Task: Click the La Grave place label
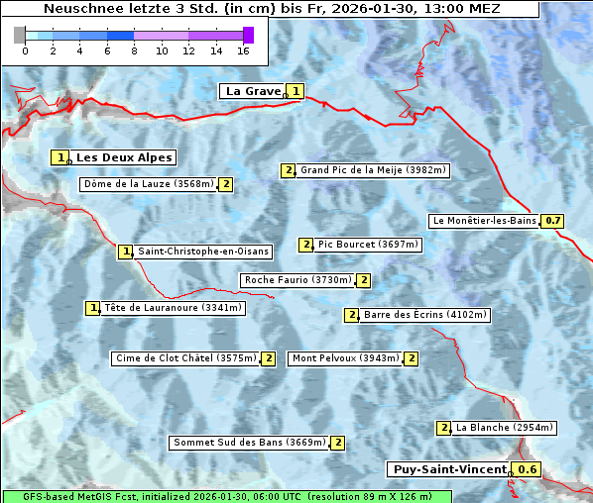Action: tap(253, 91)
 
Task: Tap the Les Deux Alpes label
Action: tap(125, 157)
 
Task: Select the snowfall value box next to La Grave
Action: tap(296, 91)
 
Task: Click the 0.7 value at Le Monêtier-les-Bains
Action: tap(553, 221)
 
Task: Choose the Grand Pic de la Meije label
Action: tap(374, 170)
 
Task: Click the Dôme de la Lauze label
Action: tap(149, 184)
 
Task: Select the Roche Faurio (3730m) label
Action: tap(298, 280)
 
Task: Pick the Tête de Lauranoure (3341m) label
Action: tap(173, 308)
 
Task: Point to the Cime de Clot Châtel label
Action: tap(185, 358)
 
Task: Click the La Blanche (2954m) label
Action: tap(504, 428)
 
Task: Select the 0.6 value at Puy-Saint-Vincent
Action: tap(529, 469)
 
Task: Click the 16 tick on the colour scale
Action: tap(244, 50)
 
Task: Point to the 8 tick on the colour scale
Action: tap(134, 50)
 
